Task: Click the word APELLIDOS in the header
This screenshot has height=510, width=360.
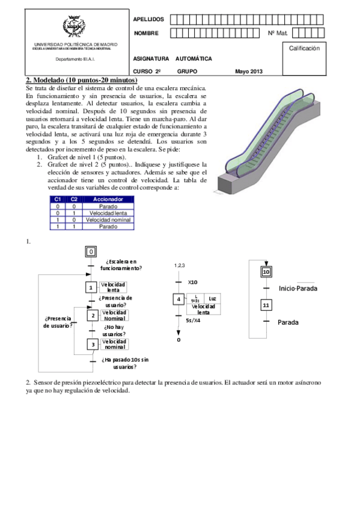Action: pyautogui.click(x=148, y=19)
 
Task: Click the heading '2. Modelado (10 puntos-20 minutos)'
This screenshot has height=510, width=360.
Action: pyautogui.click(x=82, y=80)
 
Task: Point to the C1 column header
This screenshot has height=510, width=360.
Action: pyautogui.click(x=58, y=199)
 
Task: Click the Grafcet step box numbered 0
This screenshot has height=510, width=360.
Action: pyautogui.click(x=91, y=252)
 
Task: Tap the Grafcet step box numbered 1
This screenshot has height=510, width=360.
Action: pyautogui.click(x=91, y=287)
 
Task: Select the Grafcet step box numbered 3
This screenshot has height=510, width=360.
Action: pyautogui.click(x=93, y=344)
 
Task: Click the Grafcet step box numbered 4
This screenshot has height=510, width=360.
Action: pyautogui.click(x=178, y=299)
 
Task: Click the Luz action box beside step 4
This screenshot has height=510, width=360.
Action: pyautogui.click(x=212, y=298)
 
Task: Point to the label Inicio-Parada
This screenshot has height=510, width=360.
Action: pyautogui.click(x=298, y=289)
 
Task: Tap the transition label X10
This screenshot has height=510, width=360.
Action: pyautogui.click(x=192, y=282)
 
